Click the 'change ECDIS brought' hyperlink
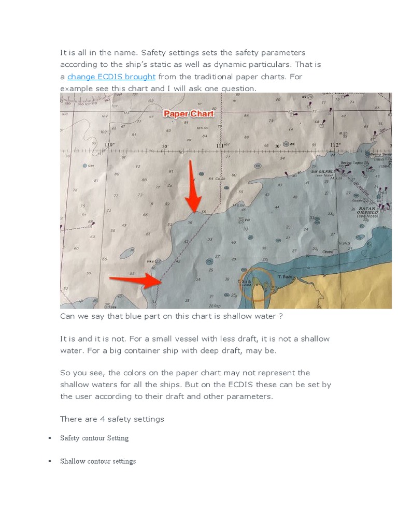(x=111, y=77)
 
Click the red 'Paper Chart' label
(x=189, y=114)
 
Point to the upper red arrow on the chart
(x=193, y=187)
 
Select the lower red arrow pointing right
(x=136, y=281)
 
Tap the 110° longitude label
(x=109, y=145)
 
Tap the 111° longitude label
(x=221, y=146)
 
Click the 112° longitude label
(x=335, y=145)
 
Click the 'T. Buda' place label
(x=286, y=277)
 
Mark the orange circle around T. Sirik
(x=256, y=284)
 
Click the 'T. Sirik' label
(x=244, y=282)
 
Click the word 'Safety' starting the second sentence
(x=152, y=53)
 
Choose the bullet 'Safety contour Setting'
(x=94, y=438)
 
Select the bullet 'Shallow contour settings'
(x=97, y=461)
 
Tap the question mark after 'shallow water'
(x=280, y=316)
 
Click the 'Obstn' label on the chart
(x=328, y=253)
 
